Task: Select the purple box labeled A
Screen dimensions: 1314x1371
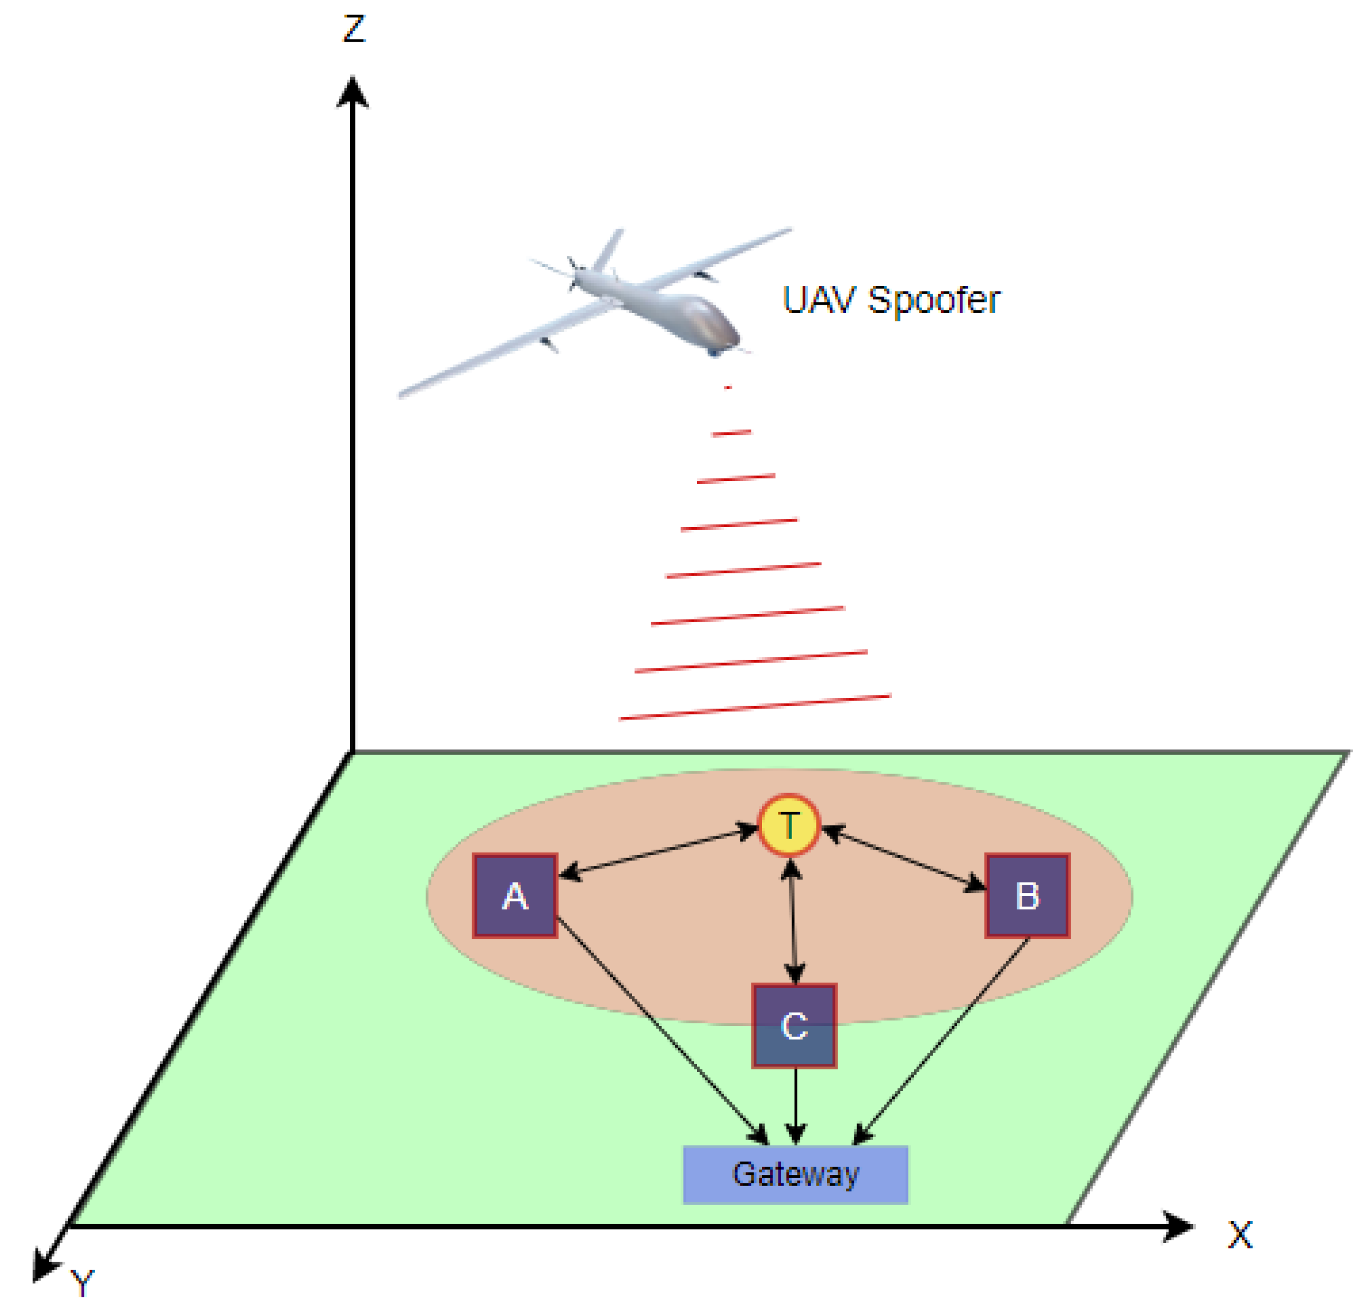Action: [515, 896]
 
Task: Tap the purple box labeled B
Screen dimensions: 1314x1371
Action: [1027, 896]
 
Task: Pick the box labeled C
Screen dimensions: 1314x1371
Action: [794, 1026]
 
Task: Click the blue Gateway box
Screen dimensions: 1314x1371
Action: [795, 1175]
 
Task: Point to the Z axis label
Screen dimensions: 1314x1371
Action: [354, 29]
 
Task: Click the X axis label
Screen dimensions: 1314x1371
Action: [1240, 1236]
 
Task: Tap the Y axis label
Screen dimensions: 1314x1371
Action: [82, 1284]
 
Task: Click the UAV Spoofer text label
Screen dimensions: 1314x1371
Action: [890, 301]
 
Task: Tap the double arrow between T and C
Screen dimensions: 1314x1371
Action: [793, 920]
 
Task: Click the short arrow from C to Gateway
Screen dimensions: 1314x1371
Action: [795, 1105]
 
